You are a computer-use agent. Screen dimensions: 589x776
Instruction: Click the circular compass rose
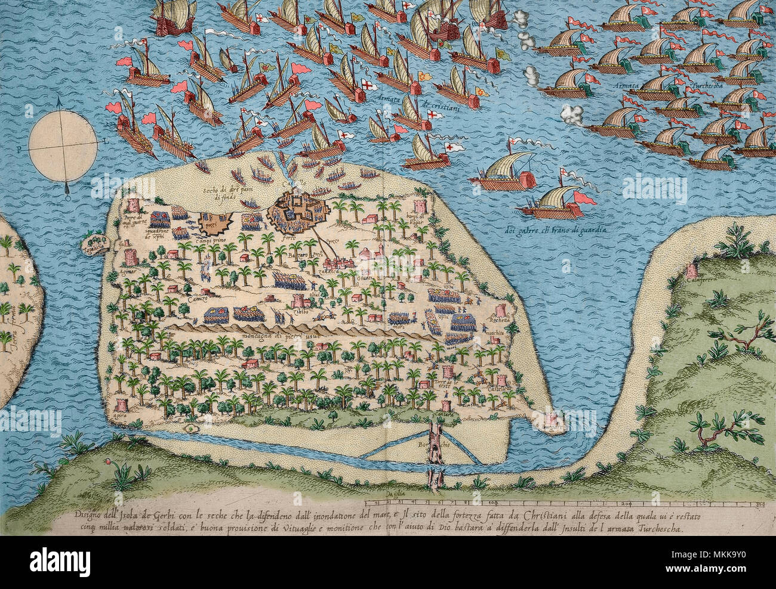click(x=63, y=142)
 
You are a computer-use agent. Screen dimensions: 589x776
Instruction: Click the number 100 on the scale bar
click(x=491, y=504)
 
